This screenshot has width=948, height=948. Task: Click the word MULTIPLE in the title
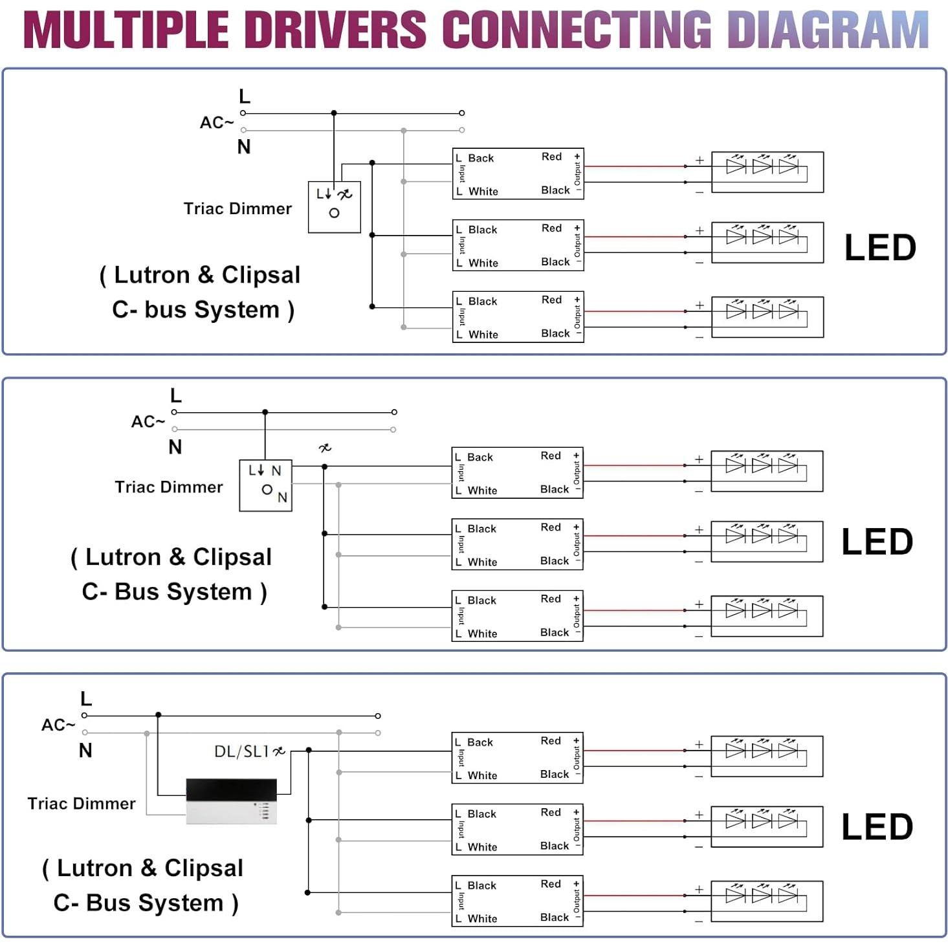126,30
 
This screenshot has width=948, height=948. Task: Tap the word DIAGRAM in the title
828,30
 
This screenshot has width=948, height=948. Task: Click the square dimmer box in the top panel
334,206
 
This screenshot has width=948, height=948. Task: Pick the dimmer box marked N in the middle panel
265,485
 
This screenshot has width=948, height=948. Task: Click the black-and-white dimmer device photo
231,801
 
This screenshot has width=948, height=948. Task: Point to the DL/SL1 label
241,751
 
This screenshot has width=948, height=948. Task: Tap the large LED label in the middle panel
876,542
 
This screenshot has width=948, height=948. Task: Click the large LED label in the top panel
879,248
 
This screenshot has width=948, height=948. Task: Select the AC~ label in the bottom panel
58,725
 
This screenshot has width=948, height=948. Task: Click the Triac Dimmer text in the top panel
237,208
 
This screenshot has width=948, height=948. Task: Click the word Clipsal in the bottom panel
204,868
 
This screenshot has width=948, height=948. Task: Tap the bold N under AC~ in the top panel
243,147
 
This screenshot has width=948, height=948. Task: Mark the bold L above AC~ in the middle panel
175,395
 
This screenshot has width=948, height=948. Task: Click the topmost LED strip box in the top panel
767,172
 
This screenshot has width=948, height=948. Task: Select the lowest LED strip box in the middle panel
766,616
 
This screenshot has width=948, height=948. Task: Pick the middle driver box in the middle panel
517,544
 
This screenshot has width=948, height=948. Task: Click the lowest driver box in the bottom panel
517,901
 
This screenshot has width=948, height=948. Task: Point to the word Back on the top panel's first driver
481,159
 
